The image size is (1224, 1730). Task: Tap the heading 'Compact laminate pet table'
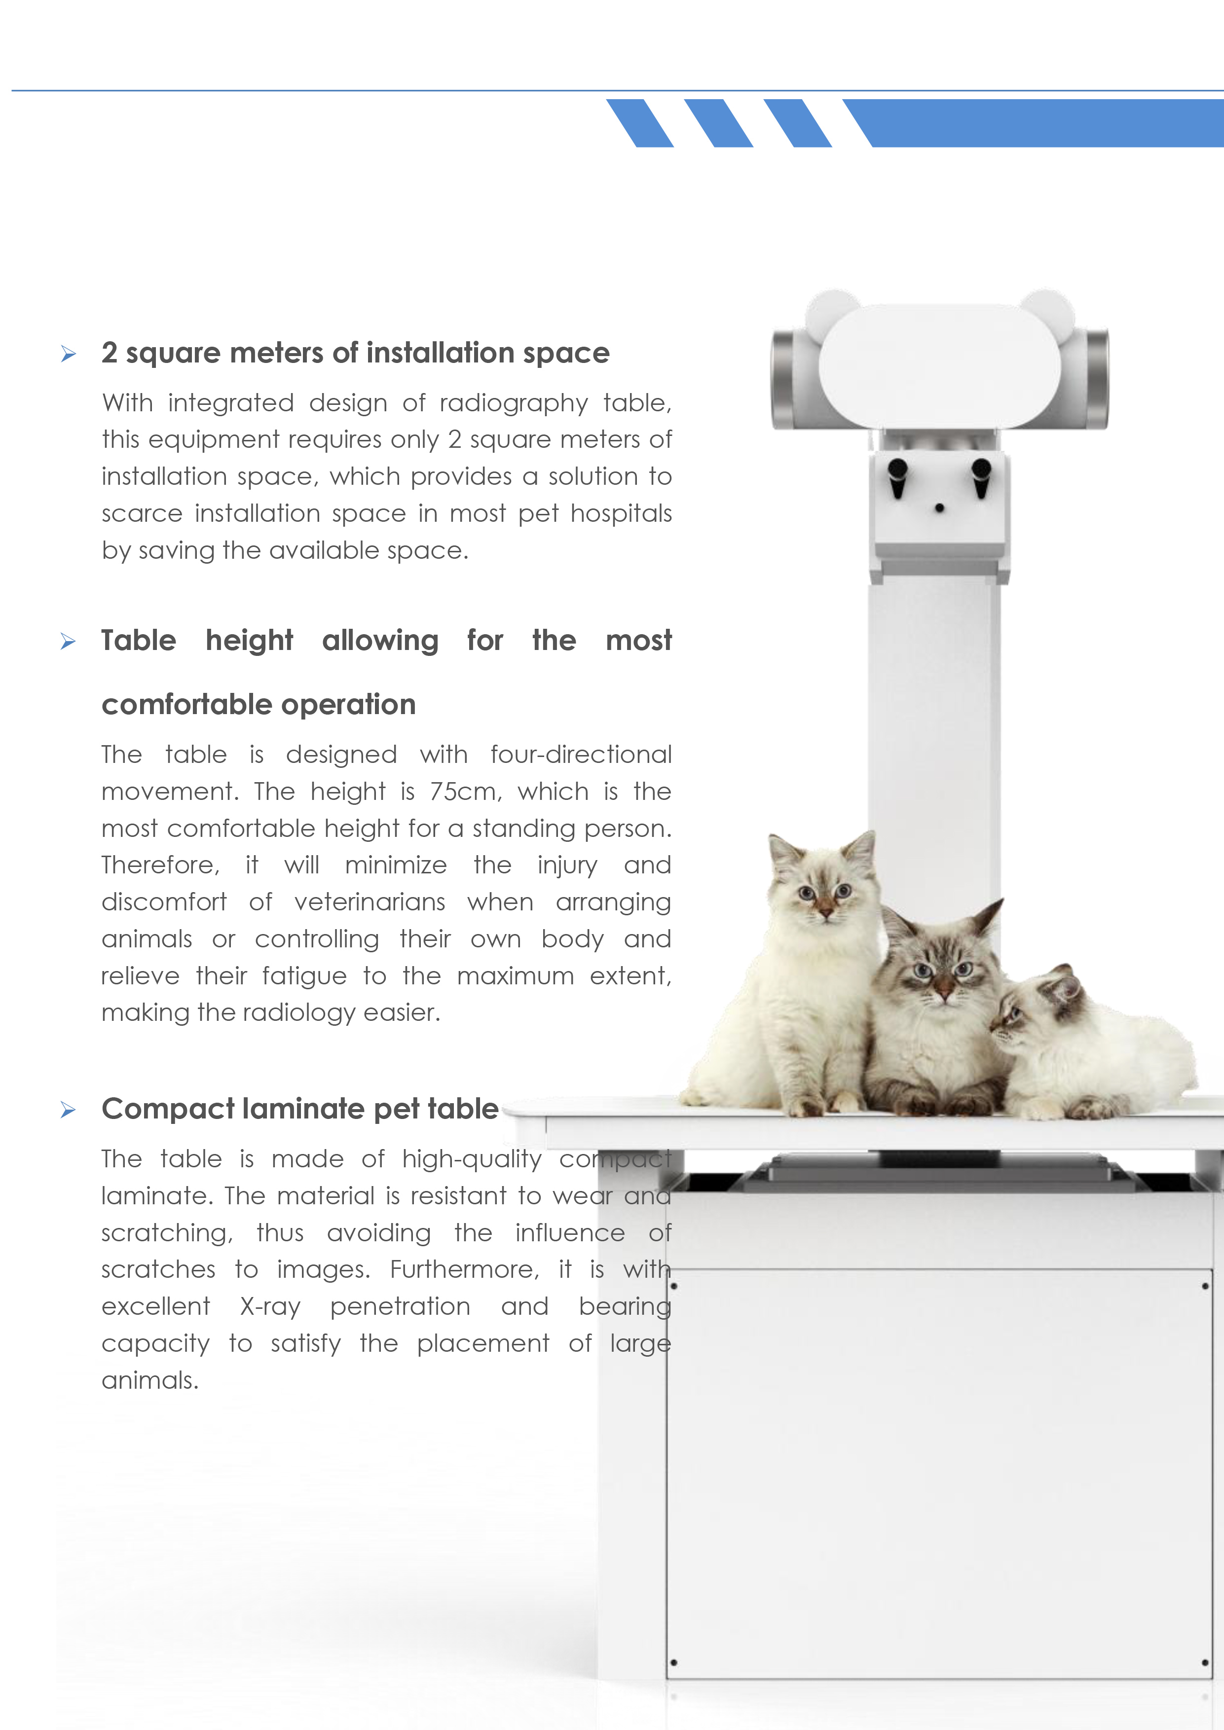pos(300,1109)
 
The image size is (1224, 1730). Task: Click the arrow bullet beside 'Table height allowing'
pos(69,642)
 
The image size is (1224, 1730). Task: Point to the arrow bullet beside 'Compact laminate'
pos(69,1110)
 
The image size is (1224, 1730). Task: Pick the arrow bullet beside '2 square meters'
pos(69,354)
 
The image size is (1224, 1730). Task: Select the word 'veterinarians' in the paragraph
pos(370,902)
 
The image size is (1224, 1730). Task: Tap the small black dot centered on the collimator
pos(939,508)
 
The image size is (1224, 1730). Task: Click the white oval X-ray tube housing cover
pos(939,367)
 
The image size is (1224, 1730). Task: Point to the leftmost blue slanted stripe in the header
pos(640,123)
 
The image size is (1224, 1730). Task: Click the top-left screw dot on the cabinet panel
pos(674,1286)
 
